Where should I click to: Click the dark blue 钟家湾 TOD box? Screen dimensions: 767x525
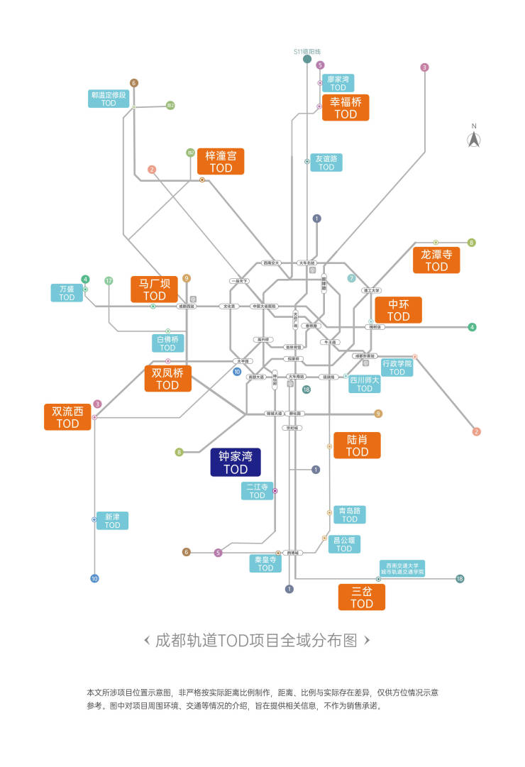point(236,462)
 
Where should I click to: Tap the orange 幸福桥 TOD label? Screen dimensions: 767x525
point(346,108)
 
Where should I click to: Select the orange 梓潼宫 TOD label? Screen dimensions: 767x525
point(221,162)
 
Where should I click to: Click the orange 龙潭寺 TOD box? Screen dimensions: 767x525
point(436,260)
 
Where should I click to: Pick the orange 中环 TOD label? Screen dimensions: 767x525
point(399,310)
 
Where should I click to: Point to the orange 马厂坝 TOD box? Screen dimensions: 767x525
point(154,289)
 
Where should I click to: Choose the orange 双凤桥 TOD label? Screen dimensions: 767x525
point(167,378)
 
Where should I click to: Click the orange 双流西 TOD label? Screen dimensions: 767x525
point(67,417)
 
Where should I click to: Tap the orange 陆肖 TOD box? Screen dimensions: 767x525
point(357,445)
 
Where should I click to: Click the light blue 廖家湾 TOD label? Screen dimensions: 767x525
point(338,83)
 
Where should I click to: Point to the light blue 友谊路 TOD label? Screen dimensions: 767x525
point(326,162)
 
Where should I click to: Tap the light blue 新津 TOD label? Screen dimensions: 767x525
point(112,521)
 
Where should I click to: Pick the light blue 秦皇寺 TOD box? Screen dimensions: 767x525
point(265,563)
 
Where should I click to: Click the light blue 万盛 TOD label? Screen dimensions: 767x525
point(67,293)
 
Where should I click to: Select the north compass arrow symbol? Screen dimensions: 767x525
point(474,139)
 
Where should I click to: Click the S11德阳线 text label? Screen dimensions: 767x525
point(307,52)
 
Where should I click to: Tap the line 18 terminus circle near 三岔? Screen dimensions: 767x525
point(460,578)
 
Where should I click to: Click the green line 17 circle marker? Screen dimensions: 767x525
point(109,280)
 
